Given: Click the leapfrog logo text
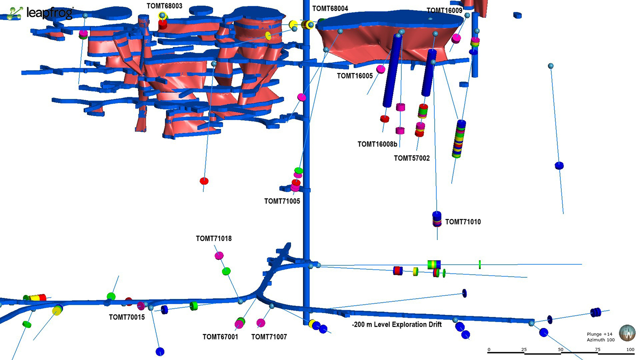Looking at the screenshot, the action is point(50,13).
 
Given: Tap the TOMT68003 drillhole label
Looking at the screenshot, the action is point(164,6).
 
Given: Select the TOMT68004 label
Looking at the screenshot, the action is point(330,9).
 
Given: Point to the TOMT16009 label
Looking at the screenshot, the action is point(444,11).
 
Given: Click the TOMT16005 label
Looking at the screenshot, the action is point(355,76).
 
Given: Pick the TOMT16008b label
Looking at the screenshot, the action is point(378,144).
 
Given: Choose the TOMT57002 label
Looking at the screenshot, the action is point(412,158).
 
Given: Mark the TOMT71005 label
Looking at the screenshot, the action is point(282,201).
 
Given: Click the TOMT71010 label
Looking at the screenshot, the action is point(463,222).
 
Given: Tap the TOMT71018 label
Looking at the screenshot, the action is point(214,238).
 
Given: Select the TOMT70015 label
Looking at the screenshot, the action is point(127,317).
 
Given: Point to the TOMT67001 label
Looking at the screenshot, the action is point(220,337).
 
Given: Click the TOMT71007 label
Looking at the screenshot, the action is point(269,337).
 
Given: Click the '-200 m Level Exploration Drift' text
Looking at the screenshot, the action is point(397,325).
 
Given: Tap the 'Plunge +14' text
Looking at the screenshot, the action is point(600,334).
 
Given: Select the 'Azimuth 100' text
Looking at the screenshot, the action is point(601,340).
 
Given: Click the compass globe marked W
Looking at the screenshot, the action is point(627,333).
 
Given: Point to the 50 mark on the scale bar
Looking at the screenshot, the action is point(561,350).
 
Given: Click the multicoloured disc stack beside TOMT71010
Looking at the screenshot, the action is point(436,219).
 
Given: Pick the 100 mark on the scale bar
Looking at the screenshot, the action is point(630,350).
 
